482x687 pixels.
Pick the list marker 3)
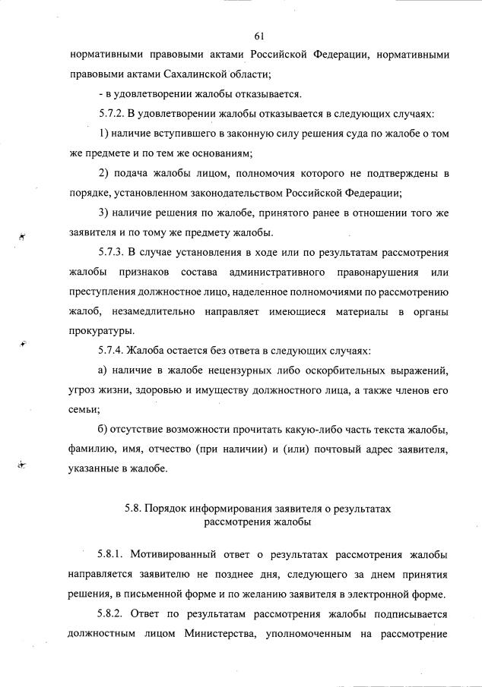[104, 213]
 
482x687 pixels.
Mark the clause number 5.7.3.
[114, 252]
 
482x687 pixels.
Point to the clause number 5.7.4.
[114, 351]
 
